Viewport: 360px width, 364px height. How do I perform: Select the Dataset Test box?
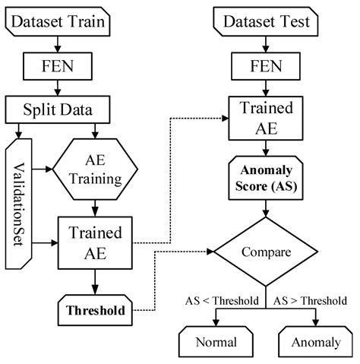[x=263, y=23]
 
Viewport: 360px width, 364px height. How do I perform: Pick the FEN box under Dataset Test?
[x=263, y=65]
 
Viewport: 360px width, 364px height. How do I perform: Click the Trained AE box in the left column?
[x=94, y=243]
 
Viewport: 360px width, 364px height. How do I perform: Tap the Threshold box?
[x=94, y=310]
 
